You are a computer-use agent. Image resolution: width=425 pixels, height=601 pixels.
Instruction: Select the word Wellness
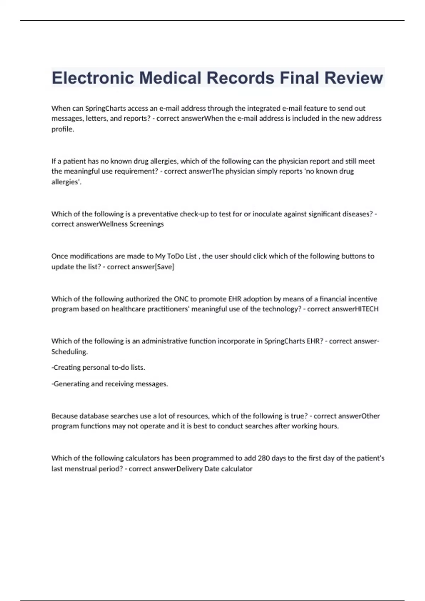click(x=113, y=224)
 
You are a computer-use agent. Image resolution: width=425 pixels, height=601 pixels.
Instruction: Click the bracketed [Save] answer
click(x=165, y=267)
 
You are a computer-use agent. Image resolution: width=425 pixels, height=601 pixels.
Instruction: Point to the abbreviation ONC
click(x=181, y=299)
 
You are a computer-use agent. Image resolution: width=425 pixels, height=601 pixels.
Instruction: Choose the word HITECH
click(x=367, y=309)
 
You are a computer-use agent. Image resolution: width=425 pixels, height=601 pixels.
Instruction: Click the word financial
click(x=333, y=299)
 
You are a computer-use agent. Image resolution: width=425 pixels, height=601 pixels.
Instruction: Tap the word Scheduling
click(x=69, y=352)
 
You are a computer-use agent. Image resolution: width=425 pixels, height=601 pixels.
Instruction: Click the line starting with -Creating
click(x=98, y=368)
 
